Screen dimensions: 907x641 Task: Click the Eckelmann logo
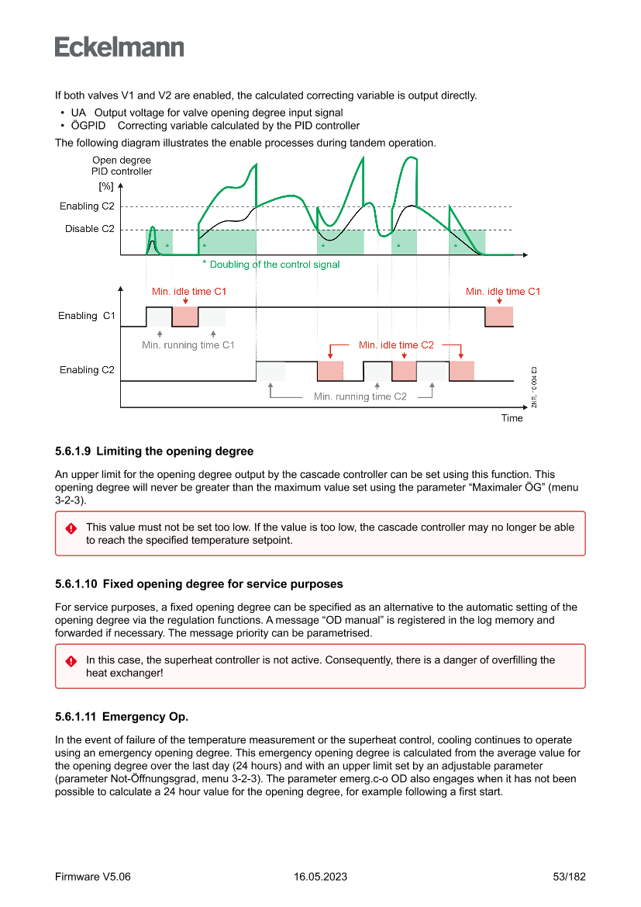(119, 47)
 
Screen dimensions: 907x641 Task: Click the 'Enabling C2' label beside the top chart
(87, 206)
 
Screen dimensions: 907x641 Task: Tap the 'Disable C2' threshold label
(89, 229)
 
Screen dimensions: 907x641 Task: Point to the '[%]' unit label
(106, 187)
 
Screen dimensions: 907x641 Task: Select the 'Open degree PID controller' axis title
(122, 165)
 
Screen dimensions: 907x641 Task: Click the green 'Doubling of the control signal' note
(271, 265)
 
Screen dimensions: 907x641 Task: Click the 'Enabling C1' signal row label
(87, 316)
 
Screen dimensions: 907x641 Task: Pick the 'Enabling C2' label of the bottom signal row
(87, 370)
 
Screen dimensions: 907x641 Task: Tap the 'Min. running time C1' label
(188, 345)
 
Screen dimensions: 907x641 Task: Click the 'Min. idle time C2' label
(396, 345)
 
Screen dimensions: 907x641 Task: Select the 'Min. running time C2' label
(360, 396)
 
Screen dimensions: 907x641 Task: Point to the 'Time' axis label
(512, 418)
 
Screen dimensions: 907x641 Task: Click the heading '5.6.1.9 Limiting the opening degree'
(154, 452)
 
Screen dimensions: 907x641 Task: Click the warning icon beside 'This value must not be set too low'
(71, 528)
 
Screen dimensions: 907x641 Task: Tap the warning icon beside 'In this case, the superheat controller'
(71, 661)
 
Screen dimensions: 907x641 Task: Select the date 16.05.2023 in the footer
(320, 877)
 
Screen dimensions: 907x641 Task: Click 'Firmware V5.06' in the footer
(93, 877)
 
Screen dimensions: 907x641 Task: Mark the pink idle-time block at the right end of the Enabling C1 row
(499, 317)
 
